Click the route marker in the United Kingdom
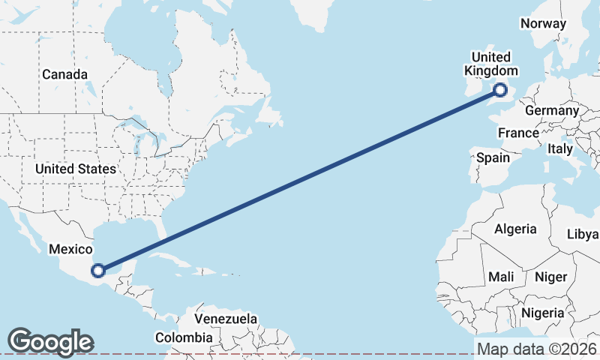[501, 91]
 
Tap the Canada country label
[64, 75]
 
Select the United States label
[76, 169]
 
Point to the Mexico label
[70, 249]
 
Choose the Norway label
[543, 23]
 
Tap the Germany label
[552, 111]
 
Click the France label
[519, 133]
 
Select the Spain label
[493, 158]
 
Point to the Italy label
[559, 149]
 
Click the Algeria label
[515, 229]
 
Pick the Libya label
[583, 234]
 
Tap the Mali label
[501, 277]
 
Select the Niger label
[551, 277]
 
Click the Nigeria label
[544, 312]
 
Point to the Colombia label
[184, 337]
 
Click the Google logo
[50, 342]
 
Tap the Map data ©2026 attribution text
[537, 349]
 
